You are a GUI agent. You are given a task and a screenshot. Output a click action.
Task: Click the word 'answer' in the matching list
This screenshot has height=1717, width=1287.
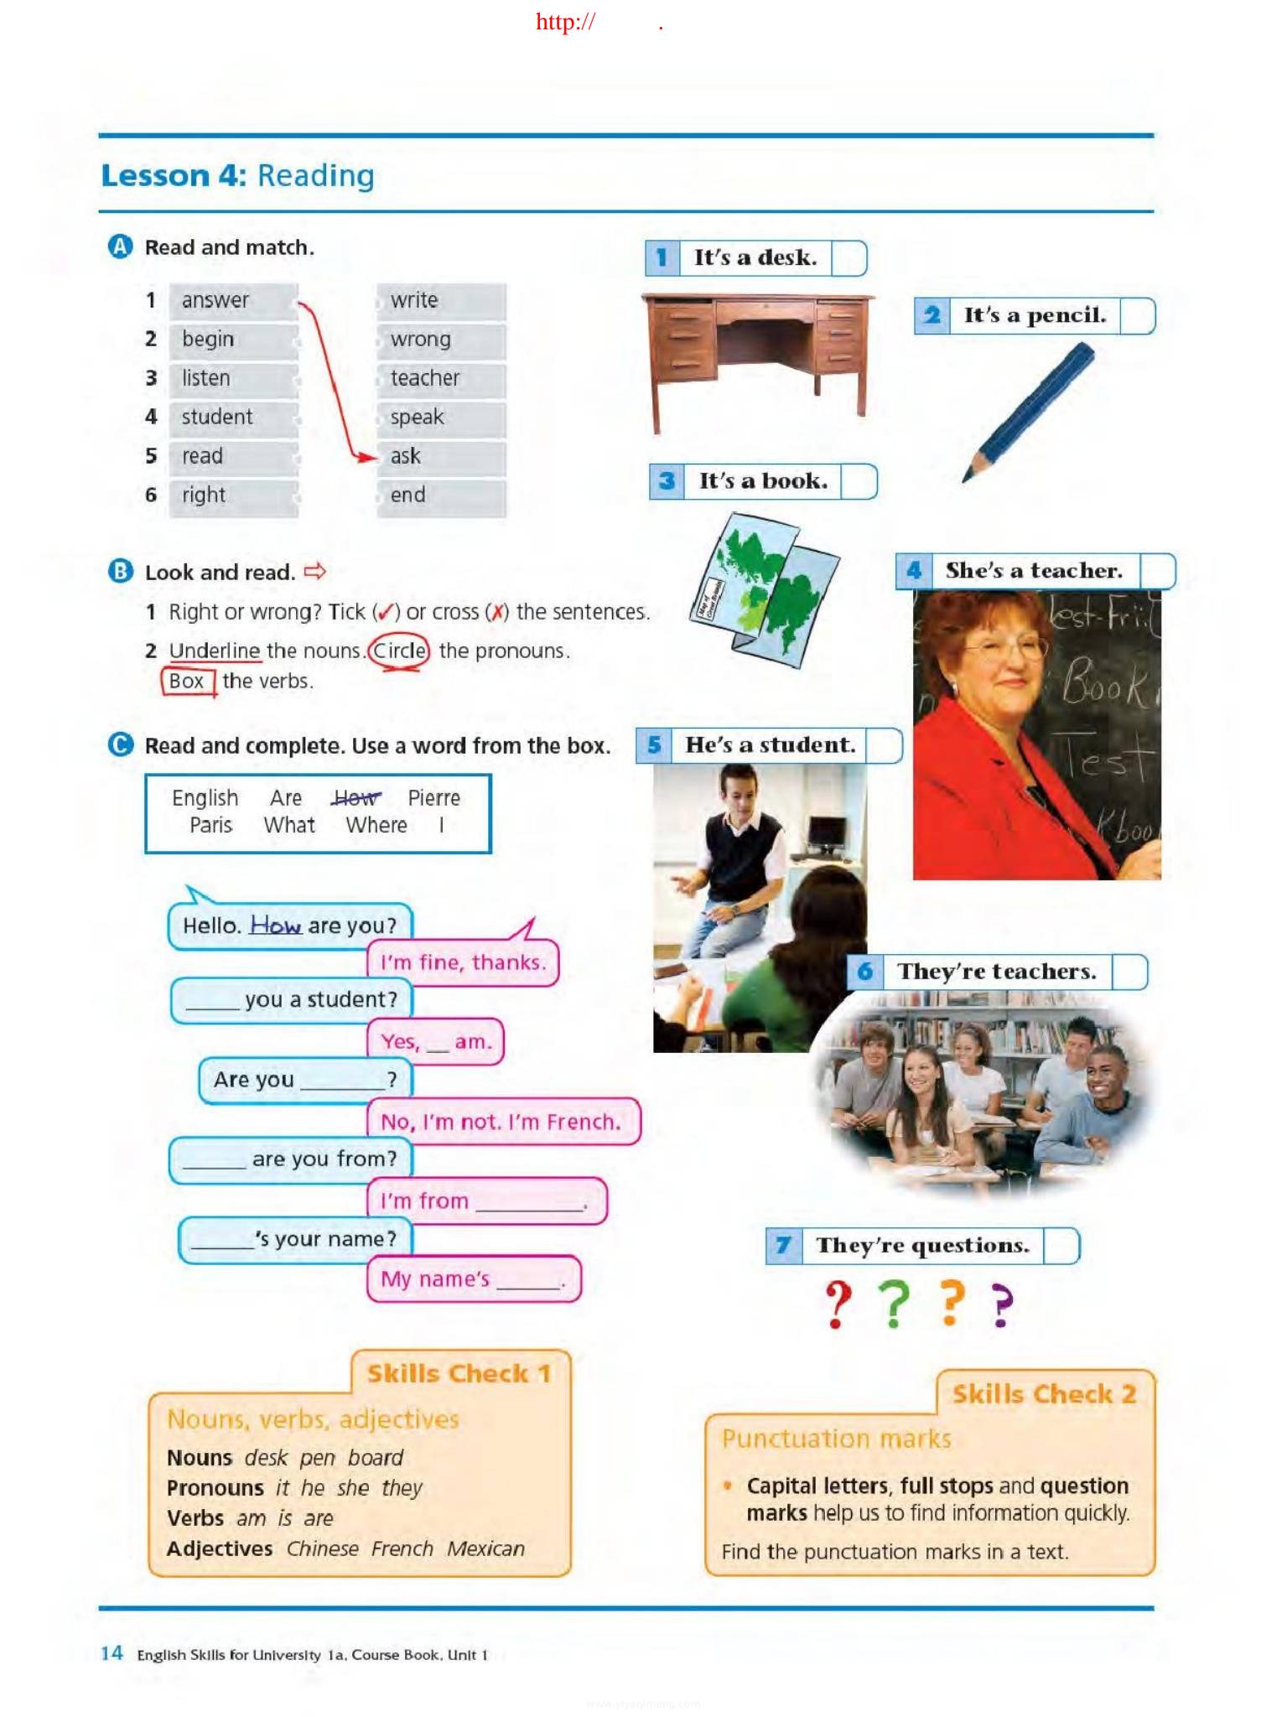(x=215, y=300)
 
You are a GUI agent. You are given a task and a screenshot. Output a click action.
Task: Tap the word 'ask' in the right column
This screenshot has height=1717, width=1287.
(x=405, y=456)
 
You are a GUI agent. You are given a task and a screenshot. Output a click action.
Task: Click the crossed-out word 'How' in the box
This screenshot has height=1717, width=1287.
(x=355, y=798)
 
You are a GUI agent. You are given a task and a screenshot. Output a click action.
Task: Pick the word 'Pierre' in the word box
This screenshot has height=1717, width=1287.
(x=433, y=798)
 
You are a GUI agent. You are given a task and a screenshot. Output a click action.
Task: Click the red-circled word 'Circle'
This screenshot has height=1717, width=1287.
(x=399, y=651)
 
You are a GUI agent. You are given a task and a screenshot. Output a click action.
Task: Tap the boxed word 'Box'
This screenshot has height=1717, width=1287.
(x=186, y=682)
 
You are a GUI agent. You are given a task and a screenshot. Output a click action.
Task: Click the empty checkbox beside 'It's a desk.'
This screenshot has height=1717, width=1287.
(x=848, y=258)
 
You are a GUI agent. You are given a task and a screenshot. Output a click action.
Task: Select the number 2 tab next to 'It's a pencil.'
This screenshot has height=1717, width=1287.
(x=932, y=316)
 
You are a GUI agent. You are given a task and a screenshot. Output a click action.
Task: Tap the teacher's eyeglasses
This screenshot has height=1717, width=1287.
(x=1002, y=648)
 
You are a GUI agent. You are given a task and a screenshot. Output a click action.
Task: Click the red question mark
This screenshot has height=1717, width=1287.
(x=837, y=1303)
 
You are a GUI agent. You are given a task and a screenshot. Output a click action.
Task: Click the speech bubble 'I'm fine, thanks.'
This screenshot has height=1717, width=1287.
(x=463, y=962)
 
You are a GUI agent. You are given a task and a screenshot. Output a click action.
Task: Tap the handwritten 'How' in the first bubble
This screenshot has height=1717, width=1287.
(x=275, y=926)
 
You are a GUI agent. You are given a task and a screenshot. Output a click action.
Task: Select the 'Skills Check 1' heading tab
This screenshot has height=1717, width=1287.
(x=459, y=1373)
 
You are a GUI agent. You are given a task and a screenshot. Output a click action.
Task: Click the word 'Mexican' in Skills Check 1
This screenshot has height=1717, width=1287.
(x=485, y=1548)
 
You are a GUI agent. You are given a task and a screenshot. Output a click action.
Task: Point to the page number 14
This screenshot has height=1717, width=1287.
(x=112, y=1652)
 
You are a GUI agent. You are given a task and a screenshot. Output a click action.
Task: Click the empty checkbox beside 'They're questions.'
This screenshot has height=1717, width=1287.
(x=1061, y=1246)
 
